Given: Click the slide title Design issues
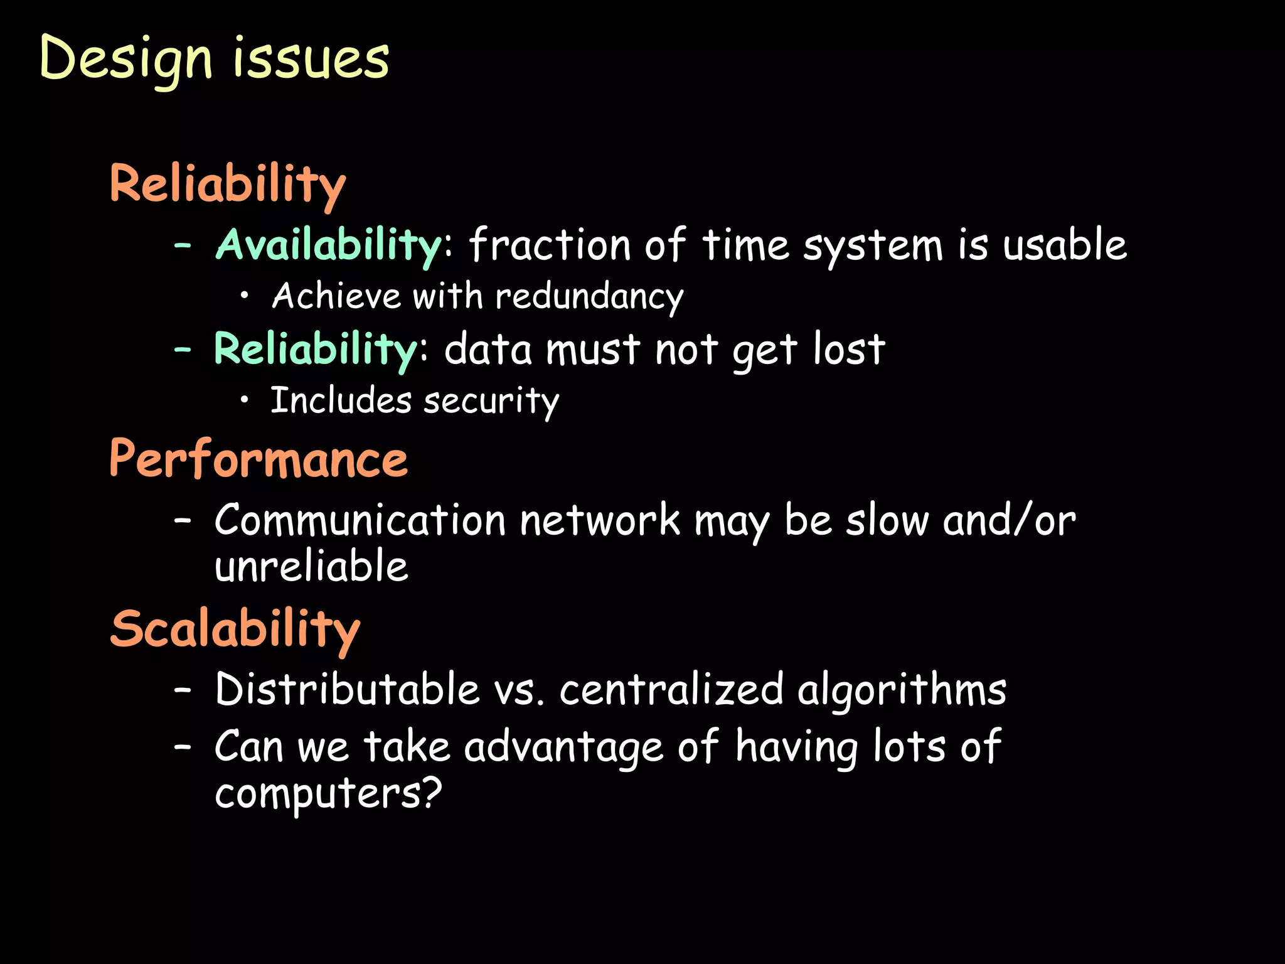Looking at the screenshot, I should coord(214,60).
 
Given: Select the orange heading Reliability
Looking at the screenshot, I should coord(227,185).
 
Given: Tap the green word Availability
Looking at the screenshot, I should coord(329,245).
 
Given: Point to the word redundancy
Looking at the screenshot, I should coord(589,296).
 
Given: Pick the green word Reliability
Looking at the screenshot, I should coord(316,350).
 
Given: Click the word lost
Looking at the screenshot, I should coord(849,350).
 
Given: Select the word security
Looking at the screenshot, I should coord(491,402).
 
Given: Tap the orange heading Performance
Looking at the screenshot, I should coord(259,459).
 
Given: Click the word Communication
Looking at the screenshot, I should coord(360,521).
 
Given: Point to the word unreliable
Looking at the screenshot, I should coord(311,566).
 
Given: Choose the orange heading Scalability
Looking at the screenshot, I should coord(235,629).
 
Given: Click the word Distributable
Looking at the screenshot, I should coord(348,690).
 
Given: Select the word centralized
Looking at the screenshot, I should coord(671,690).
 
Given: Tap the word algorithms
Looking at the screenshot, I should coord(902,690).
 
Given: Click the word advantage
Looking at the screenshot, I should coord(563,747).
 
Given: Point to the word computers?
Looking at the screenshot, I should coord(328,793).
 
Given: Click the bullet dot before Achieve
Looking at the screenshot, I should coord(245,296).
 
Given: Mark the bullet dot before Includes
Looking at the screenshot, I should coord(245,400).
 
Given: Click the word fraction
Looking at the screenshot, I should coord(550,245).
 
